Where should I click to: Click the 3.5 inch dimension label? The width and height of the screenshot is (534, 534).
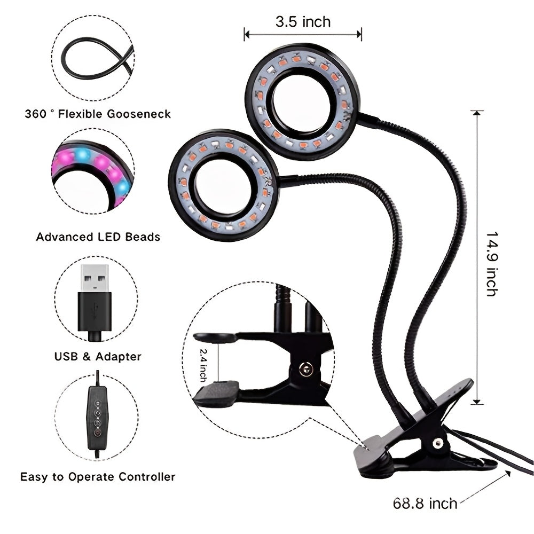303,22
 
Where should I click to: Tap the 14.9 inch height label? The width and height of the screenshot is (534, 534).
492,264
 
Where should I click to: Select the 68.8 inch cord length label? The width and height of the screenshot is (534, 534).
425,504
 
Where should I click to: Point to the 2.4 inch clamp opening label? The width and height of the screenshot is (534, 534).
203,365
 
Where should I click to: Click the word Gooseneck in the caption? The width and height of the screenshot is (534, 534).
139,114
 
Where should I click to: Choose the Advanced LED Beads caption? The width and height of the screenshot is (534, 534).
98,237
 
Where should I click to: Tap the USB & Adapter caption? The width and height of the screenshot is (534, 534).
98,357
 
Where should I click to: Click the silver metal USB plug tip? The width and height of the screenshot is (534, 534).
95,278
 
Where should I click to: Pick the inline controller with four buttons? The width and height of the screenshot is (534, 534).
97,419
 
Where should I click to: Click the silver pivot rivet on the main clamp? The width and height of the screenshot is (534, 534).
437,443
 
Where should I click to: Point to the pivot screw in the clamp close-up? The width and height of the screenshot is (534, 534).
305,369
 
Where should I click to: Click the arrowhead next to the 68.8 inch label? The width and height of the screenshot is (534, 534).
507,474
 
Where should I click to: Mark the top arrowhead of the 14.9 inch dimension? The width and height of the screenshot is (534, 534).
477,113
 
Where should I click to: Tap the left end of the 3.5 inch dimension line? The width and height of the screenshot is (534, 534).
245,34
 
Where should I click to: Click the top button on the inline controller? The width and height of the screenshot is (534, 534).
98,403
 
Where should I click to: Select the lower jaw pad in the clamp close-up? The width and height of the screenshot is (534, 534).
217,394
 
